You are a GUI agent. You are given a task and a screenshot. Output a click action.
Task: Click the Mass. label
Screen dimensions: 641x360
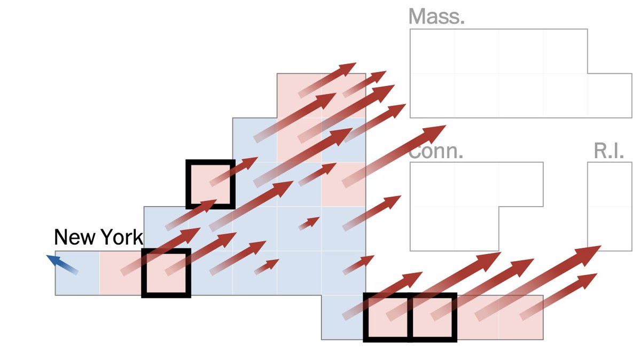point(436,17)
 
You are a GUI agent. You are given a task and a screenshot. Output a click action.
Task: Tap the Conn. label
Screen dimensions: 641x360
point(436,151)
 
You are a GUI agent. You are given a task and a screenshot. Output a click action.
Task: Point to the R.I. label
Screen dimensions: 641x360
point(609,151)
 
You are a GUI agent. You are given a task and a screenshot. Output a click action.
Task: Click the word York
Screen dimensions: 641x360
point(121,237)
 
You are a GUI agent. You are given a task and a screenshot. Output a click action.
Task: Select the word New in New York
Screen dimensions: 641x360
point(75,237)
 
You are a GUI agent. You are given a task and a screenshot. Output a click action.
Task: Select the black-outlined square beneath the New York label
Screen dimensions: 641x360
point(166,273)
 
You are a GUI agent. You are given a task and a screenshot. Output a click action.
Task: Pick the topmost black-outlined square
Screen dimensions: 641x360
point(210,184)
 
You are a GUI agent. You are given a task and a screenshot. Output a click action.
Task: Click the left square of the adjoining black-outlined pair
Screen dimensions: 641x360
point(387,317)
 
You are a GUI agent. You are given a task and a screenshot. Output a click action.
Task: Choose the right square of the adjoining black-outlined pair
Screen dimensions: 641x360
point(432,317)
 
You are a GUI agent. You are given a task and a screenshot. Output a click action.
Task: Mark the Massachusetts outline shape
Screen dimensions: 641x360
point(497,75)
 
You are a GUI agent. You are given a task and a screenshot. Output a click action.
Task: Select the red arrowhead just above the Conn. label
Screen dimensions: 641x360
point(435,130)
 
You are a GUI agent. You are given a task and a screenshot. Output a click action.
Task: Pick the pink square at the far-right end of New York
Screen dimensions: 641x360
point(521,317)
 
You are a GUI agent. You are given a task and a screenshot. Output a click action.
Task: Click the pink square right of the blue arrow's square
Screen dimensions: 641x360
point(121,273)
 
